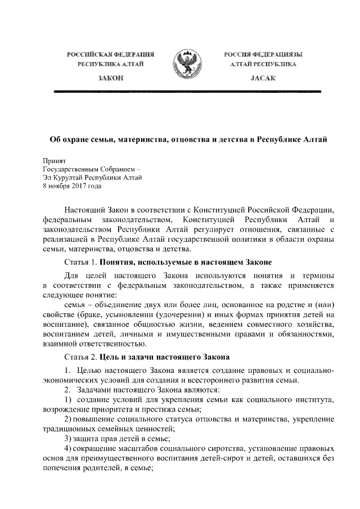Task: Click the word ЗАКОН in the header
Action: (111, 78)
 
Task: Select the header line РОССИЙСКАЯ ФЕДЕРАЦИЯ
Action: (111, 54)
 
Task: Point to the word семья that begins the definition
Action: (75, 305)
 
